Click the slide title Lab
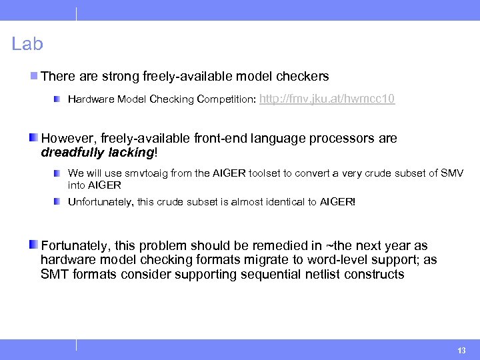(27, 44)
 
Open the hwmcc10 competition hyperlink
(327, 99)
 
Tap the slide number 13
(461, 351)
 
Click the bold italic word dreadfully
(73, 153)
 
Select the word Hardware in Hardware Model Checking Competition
(91, 100)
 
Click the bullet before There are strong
(34, 77)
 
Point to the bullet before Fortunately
(33, 245)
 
